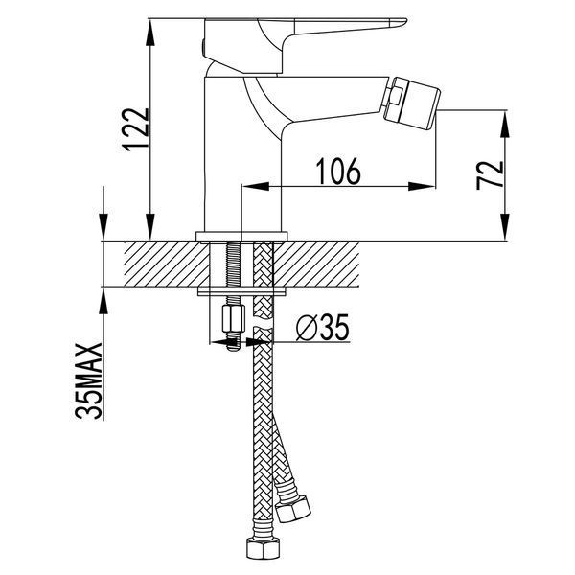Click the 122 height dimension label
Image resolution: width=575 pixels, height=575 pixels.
click(x=136, y=129)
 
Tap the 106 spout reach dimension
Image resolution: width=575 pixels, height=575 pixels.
click(x=338, y=172)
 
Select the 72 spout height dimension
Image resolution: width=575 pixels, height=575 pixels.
click(x=490, y=174)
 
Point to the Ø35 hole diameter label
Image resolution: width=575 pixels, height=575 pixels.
click(x=322, y=328)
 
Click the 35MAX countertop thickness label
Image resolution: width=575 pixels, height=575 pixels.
click(x=88, y=380)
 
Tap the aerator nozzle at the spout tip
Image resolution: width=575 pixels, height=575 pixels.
click(x=411, y=103)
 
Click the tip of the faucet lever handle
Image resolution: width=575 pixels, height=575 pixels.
click(x=404, y=22)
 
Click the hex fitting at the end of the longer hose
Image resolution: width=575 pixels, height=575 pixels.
click(x=263, y=548)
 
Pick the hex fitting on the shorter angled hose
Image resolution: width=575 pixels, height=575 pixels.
click(x=292, y=508)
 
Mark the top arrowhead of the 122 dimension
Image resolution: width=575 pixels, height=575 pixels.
click(x=150, y=32)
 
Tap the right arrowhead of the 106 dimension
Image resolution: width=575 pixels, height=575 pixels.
click(x=422, y=186)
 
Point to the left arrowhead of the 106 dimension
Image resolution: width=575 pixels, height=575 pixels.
click(x=256, y=186)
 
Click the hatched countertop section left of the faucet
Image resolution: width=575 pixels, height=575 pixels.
click(x=167, y=264)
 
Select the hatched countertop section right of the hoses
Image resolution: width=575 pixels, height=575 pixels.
click(x=315, y=264)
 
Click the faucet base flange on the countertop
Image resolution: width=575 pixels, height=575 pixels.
click(x=241, y=237)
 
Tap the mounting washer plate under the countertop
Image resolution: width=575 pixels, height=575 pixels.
click(x=241, y=291)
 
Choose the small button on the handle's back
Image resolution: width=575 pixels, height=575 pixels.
click(x=203, y=45)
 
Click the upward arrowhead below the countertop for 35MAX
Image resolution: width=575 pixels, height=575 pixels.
click(x=103, y=300)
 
